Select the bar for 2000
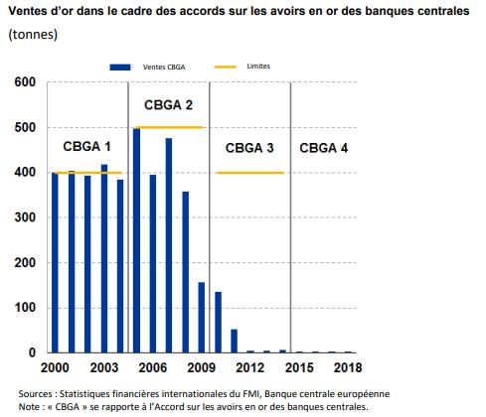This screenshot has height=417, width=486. (56, 262)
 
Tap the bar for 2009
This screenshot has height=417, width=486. (201, 317)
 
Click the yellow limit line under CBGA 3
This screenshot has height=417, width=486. (249, 173)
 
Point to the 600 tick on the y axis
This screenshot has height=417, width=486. (29, 82)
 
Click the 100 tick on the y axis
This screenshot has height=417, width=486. (29, 308)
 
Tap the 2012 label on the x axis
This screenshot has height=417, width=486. (249, 369)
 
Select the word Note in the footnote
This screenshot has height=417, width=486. (32, 406)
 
